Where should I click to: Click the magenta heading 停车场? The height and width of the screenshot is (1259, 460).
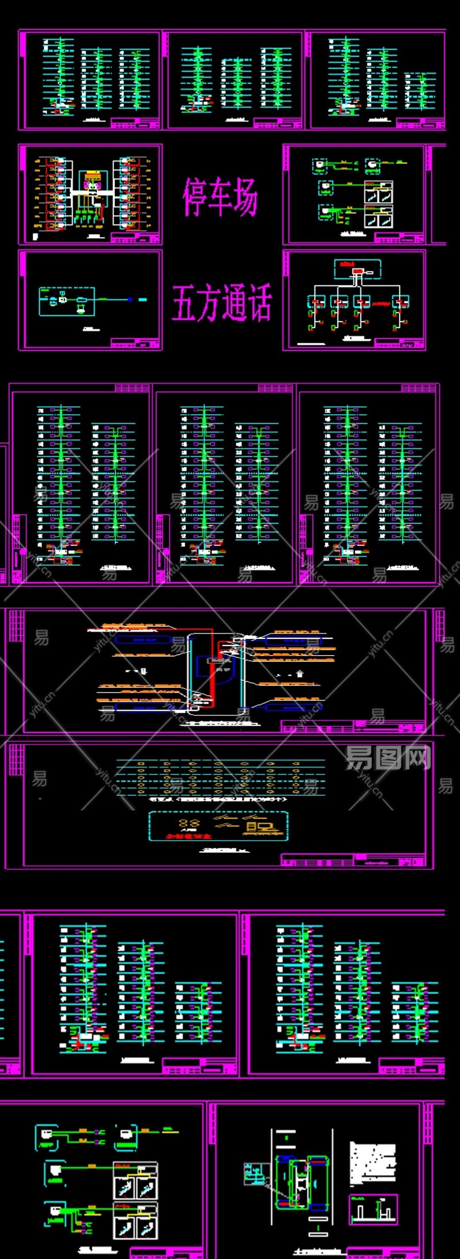tap(220, 197)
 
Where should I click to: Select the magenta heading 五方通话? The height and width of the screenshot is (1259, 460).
tap(222, 303)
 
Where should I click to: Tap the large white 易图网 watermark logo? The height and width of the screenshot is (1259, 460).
tap(388, 757)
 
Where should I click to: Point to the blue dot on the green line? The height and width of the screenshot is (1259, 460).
tap(130, 300)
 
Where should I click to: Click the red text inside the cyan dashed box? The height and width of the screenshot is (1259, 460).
tap(189, 836)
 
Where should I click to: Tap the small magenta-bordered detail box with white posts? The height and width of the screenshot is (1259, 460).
tap(373, 1209)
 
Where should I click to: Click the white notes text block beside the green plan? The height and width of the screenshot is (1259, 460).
tap(373, 1162)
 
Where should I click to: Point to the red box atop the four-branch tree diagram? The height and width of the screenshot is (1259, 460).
tap(357, 271)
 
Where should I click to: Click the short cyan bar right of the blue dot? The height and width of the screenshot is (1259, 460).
tap(143, 300)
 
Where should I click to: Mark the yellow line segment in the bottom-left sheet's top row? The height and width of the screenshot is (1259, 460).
tap(84, 1130)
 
